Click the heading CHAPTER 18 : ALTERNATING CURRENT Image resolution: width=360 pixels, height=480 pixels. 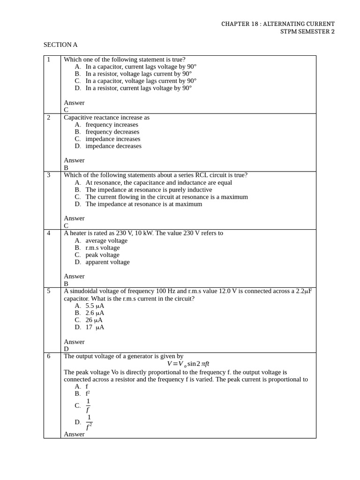pos(278,24)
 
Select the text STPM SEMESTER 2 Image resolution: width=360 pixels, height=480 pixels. pos(307,31)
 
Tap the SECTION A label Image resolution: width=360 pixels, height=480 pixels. pos(60,45)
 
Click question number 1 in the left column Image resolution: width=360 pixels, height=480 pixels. pos(49,60)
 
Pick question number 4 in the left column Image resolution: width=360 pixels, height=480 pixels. pos(49,233)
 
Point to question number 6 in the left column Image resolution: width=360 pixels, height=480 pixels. pos(49,356)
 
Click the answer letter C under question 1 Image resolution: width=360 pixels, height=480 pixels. pos(66,110)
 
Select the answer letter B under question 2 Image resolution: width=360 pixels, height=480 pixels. pos(66,168)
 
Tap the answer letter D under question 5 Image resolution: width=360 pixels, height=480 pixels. pos(66,349)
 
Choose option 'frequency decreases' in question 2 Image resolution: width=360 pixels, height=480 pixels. pos(112,132)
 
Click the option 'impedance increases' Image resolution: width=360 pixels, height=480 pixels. pos(112,139)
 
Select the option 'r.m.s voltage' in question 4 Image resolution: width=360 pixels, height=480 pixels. pos(102,247)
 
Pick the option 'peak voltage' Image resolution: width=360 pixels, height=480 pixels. pos(102,255)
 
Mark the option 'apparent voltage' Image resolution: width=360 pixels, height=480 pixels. pos(107,262)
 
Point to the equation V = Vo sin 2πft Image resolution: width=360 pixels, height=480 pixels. pos(188,364)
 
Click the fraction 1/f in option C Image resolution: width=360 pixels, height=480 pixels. pos(88,406)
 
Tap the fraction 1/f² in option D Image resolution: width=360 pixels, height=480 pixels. pos(89,422)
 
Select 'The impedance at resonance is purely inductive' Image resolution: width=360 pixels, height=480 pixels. pos(149,190)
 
